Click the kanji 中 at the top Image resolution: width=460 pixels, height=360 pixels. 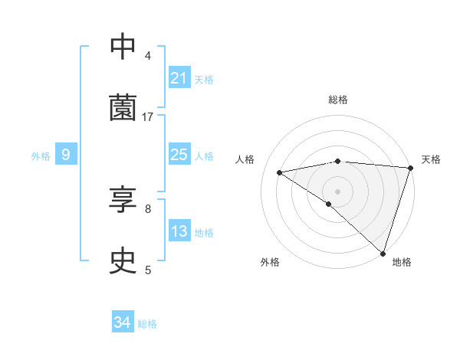click(123, 47)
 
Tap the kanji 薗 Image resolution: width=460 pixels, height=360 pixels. click(123, 108)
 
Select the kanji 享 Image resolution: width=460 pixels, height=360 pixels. click(123, 201)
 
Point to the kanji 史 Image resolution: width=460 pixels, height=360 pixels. click(123, 262)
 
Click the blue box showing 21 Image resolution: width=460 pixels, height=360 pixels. click(179, 78)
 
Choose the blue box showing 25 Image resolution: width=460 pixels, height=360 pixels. click(179, 155)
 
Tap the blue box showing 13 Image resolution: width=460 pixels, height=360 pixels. click(179, 231)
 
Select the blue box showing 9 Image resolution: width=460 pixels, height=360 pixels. click(66, 155)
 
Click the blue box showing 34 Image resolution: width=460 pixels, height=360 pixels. click(122, 323)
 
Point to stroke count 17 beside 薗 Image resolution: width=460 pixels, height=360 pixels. click(148, 116)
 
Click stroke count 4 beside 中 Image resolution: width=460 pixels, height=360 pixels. click(148, 55)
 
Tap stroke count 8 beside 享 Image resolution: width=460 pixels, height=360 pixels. click(148, 208)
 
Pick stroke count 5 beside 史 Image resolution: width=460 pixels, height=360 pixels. click(148, 270)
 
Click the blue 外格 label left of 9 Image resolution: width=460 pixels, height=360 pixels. click(41, 156)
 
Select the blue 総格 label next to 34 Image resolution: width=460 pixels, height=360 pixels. click(147, 324)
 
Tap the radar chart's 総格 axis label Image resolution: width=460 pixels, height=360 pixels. click(337, 100)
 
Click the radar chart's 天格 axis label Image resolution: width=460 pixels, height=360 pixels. click(431, 159)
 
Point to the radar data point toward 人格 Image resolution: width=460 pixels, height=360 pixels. click(280, 172)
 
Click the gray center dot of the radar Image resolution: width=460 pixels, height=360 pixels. click(337, 191)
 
